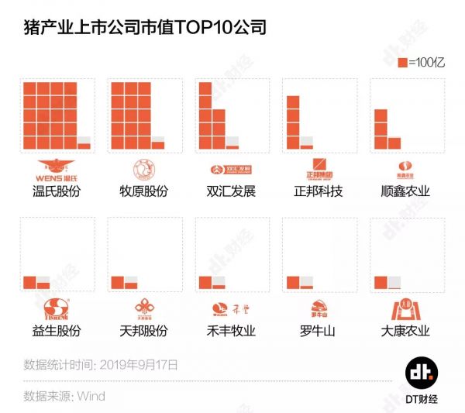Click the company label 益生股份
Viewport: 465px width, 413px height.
[57, 331]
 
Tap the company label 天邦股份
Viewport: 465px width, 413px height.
[144, 331]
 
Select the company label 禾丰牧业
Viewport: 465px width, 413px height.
[232, 331]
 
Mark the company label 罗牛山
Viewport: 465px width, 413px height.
[319, 331]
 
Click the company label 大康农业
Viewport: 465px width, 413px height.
[406, 331]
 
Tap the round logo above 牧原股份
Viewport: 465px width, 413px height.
[144, 168]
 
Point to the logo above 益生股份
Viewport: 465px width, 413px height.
[57, 309]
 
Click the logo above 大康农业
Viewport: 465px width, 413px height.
[406, 309]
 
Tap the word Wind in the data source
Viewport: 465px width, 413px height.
[90, 396]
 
